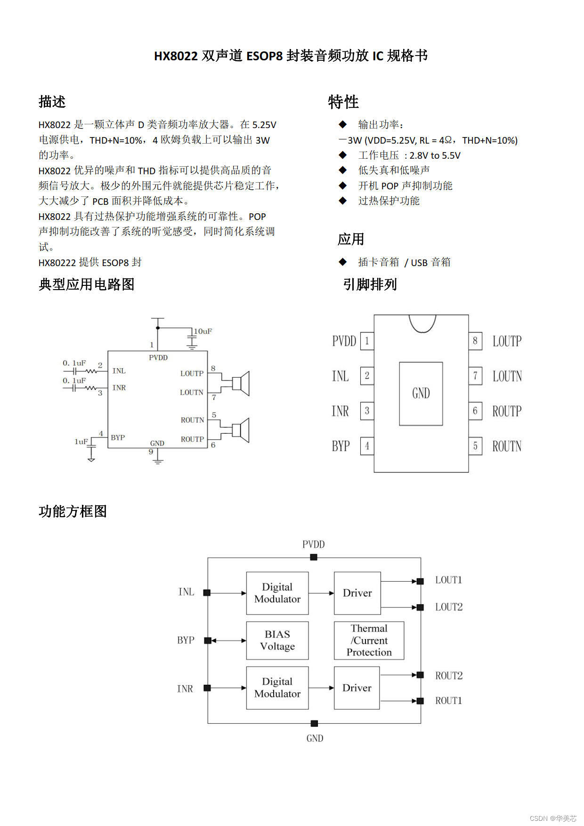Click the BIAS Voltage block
point(277,640)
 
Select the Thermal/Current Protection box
point(369,640)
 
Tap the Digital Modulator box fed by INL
point(277,593)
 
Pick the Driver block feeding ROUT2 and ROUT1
point(357,688)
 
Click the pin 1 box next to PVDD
point(367,341)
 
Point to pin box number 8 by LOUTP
point(475,340)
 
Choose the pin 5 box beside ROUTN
point(475,446)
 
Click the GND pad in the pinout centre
point(421,394)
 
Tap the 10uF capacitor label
point(203,332)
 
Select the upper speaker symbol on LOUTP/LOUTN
point(241,383)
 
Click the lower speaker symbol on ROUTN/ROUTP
point(241,430)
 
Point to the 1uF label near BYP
point(81,442)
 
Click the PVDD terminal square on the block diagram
point(314,558)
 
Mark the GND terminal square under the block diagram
point(314,723)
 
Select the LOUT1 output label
point(448,580)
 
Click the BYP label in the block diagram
point(186,640)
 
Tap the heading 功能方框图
point(73,511)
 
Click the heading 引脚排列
point(370,284)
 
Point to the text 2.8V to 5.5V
point(435,155)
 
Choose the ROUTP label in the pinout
point(507,411)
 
